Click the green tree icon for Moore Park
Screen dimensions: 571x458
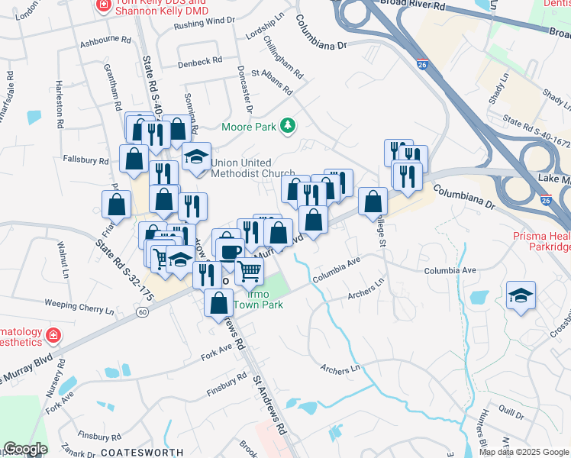click(x=288, y=125)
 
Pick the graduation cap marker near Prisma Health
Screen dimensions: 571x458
click(x=521, y=295)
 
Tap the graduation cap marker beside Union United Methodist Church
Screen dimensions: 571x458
click(x=197, y=156)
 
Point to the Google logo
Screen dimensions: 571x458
click(x=25, y=449)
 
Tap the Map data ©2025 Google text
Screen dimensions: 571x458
click(x=523, y=452)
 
